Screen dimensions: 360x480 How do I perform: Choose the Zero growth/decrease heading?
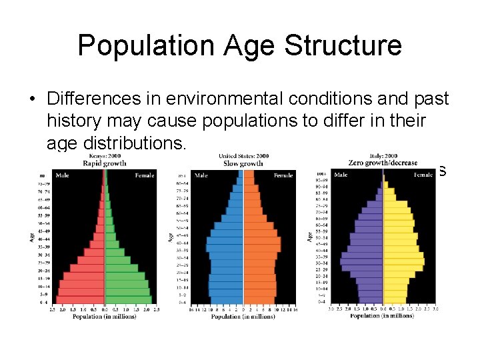(383, 163)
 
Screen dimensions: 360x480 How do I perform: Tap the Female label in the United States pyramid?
(283, 175)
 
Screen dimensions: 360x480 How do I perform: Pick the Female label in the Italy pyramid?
(422, 175)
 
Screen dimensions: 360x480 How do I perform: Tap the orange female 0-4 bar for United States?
(259, 302)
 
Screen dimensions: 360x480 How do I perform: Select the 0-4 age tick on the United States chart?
(182, 302)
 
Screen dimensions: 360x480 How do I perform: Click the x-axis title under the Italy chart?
(382, 315)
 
